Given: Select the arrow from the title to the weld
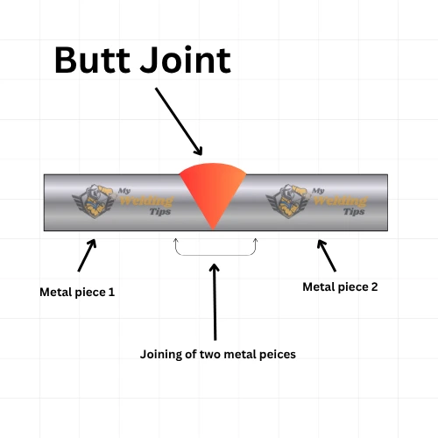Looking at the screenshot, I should click(x=180, y=121).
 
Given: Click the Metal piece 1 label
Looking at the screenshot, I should click(x=77, y=291).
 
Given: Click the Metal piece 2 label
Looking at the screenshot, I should click(x=340, y=286).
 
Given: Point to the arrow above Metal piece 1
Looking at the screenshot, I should click(x=87, y=255).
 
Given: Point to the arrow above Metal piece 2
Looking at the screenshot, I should click(x=326, y=255).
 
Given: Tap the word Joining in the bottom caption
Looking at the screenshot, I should click(x=161, y=355).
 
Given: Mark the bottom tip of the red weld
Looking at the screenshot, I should click(x=214, y=229).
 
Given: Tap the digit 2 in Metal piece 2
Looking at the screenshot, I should click(x=374, y=286).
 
